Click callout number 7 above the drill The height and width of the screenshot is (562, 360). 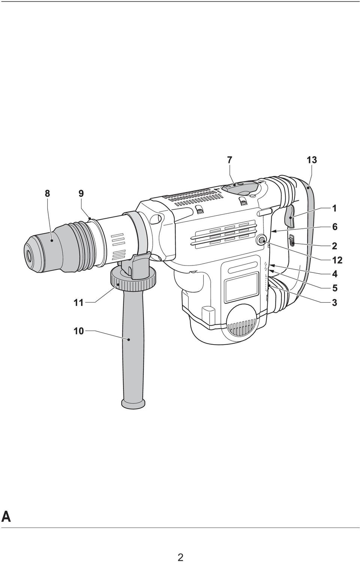[229, 160]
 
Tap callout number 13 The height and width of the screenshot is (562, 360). [312, 160]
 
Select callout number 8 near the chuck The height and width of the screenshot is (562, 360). [47, 193]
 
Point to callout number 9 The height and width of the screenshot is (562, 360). [81, 193]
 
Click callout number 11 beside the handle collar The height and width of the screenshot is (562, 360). [78, 303]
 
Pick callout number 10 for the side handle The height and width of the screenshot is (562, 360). [78, 331]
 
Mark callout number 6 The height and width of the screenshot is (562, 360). [334, 227]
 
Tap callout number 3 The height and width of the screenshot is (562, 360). [334, 303]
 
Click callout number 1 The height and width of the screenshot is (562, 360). [334, 208]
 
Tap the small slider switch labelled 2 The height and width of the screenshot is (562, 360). [291, 240]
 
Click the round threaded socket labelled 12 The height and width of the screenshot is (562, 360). [262, 240]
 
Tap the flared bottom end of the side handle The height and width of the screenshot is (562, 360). [133, 403]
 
